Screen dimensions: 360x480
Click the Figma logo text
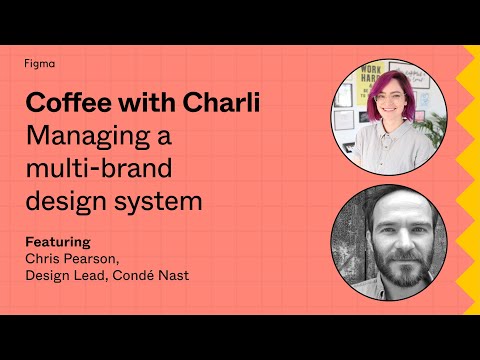pos(39,63)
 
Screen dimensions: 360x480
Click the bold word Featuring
pos(57,241)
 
